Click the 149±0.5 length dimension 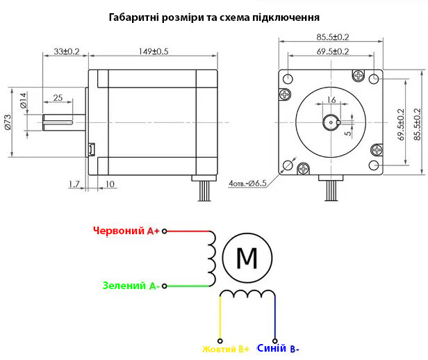[x=154, y=51]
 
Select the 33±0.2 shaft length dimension [x=66, y=51]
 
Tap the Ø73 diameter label [x=8, y=122]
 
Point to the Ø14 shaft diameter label [x=24, y=101]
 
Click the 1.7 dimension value [x=74, y=184]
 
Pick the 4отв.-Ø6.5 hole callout [x=247, y=183]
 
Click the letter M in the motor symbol [x=247, y=258]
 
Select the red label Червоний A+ [x=126, y=231]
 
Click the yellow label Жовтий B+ [x=226, y=349]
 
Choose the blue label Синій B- [x=278, y=349]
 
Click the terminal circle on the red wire [x=164, y=231]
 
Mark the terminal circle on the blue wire [x=275, y=341]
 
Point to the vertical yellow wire [x=220, y=318]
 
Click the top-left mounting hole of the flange [x=288, y=79]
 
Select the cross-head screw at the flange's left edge [x=286, y=95]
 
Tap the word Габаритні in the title [x=133, y=17]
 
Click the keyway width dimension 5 [x=347, y=133]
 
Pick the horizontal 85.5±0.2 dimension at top [x=333, y=37]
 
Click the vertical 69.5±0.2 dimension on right [x=401, y=124]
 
